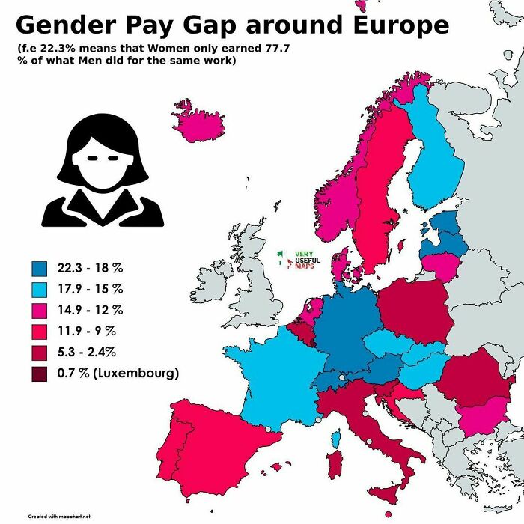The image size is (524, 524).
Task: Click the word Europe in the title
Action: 387,25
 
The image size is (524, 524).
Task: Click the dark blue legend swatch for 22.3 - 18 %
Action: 40,267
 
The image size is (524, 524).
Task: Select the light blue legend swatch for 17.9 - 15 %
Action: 40,288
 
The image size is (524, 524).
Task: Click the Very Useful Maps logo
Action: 298,260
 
